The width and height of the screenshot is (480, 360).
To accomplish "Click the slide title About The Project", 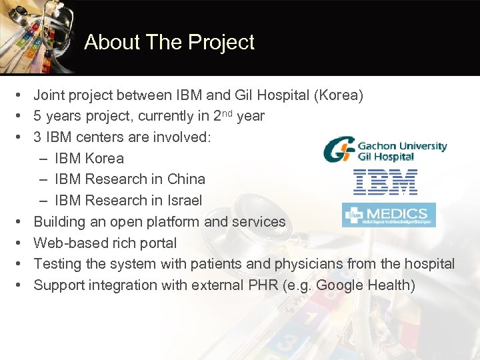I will pos(169,42).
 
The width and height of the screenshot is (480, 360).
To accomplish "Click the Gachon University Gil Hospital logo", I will pos(385,150).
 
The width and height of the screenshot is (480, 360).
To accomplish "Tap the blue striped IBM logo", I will pos(385,181).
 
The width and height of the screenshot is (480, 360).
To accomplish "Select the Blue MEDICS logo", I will pos(389,215).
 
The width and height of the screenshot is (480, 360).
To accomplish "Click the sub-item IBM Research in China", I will pos(129,179).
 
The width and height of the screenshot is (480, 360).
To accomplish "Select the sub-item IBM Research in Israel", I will pos(128,200).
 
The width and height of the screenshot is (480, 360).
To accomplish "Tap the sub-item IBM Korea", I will pos(89,158).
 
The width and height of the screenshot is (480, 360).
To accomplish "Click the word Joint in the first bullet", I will pos(49,95).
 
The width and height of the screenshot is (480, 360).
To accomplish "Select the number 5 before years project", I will pos(38,116).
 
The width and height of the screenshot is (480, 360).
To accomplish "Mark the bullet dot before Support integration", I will pos(21,285).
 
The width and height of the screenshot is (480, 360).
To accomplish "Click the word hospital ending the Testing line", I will pos(430,264).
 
